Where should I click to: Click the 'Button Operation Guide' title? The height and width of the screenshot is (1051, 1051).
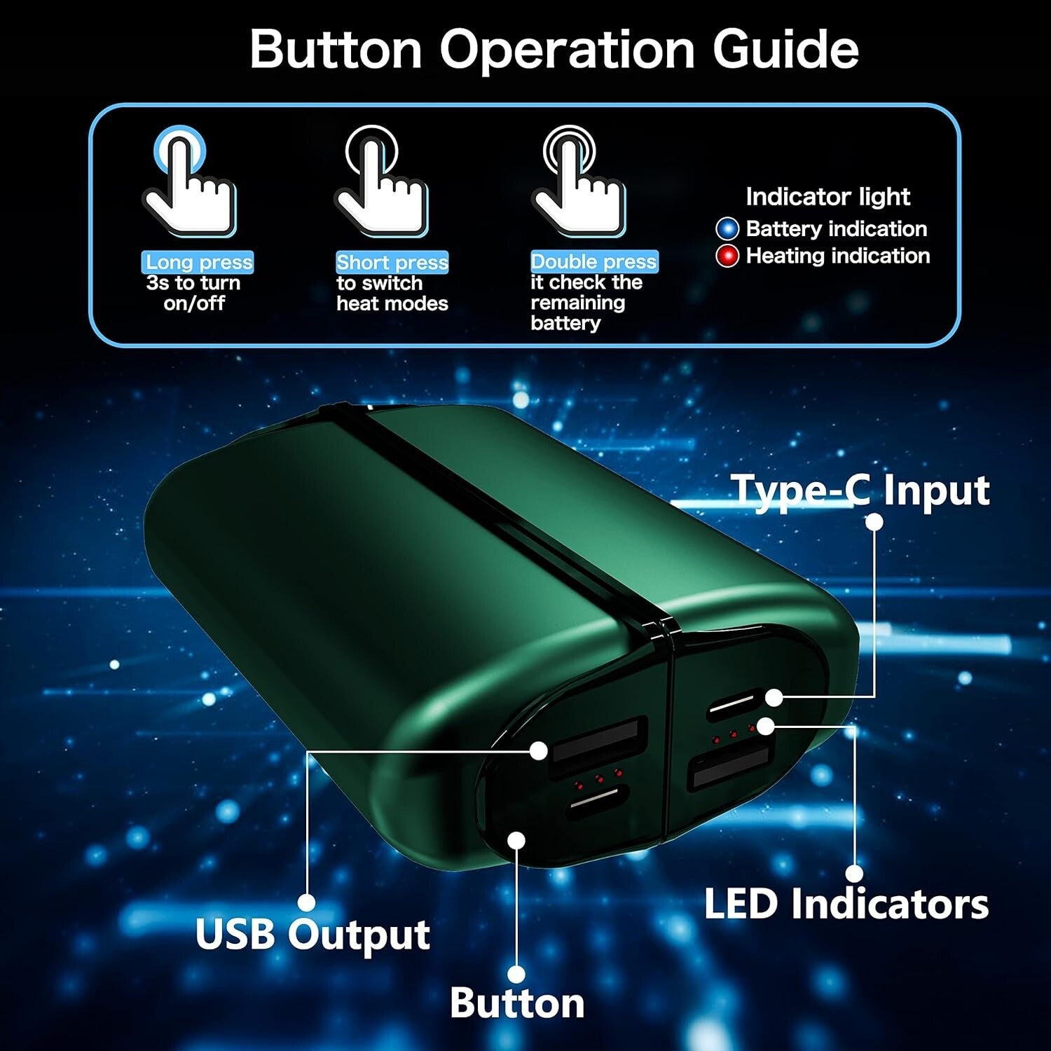(554, 49)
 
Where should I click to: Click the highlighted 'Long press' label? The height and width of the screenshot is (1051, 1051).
(198, 262)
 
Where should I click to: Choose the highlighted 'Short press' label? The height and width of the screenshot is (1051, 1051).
(392, 262)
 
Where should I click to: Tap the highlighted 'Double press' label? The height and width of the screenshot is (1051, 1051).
(594, 261)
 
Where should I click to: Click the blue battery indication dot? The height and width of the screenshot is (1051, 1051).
(727, 229)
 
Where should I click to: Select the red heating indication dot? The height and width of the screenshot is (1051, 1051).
(727, 256)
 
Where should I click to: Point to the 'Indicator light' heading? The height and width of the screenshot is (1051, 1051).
(827, 197)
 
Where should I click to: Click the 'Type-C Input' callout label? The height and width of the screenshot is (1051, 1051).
(860, 490)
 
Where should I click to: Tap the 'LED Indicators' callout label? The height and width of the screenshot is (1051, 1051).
(846, 904)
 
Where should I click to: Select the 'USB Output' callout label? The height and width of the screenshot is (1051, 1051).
(312, 935)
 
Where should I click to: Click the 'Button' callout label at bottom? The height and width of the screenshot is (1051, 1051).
(517, 1003)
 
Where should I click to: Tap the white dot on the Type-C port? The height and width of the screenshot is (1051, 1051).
(774, 697)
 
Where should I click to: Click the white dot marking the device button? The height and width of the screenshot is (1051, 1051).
(516, 840)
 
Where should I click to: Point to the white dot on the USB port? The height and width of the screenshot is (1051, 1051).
(538, 750)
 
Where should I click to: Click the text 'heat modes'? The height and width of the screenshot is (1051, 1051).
(392, 303)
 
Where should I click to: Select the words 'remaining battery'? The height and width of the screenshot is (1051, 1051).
(578, 313)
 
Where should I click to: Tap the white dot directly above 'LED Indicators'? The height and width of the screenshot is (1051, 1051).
(854, 874)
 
